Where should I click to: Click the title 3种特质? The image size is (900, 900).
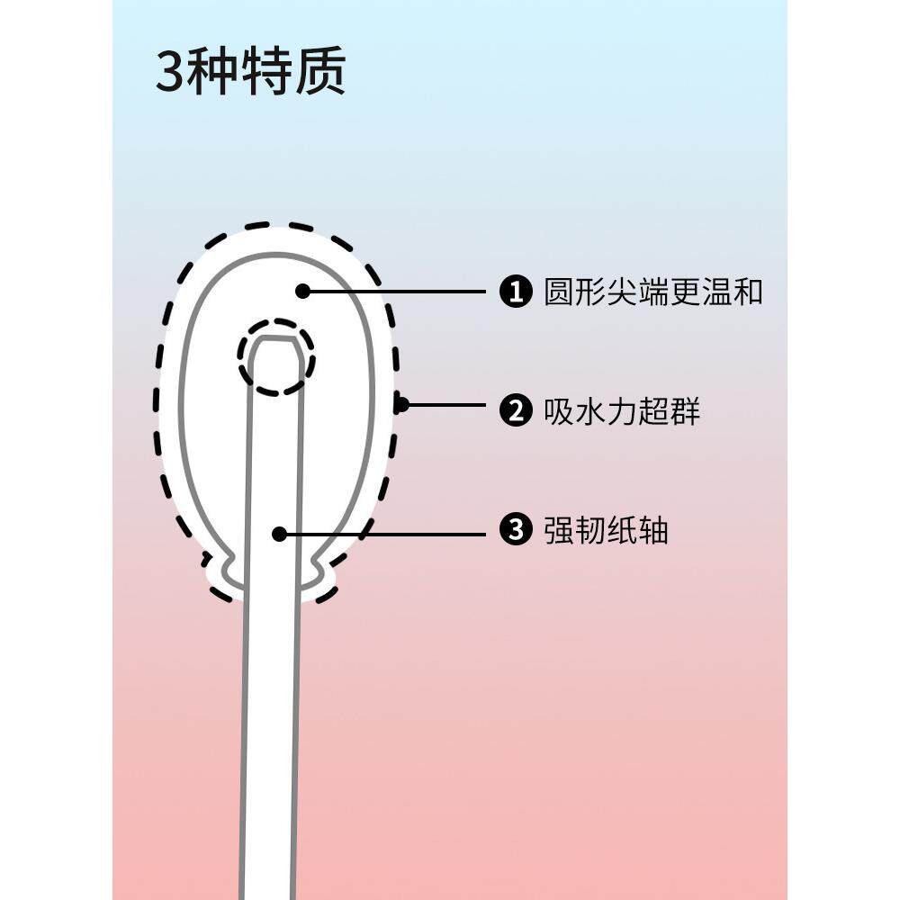pyautogui.click(x=250, y=72)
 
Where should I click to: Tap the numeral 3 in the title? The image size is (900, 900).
pyautogui.click(x=170, y=73)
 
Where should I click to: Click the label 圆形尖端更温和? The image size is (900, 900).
pyautogui.click(x=653, y=292)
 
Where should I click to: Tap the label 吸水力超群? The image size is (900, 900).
pyautogui.click(x=622, y=411)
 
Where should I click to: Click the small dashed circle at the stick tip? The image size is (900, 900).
pyautogui.click(x=277, y=355)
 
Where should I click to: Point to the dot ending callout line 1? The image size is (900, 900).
pyautogui.click(x=303, y=291)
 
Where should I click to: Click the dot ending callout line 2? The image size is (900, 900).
pyautogui.click(x=401, y=405)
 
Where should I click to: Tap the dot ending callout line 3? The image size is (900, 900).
pyautogui.click(x=279, y=534)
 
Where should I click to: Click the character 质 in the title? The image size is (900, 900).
pyautogui.click(x=321, y=72)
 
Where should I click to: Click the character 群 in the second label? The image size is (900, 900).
pyautogui.click(x=685, y=411)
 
